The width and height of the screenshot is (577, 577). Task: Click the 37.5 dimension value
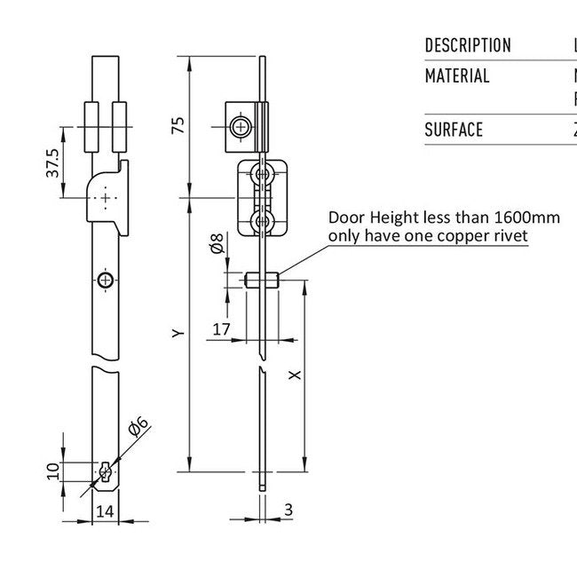[x=52, y=162]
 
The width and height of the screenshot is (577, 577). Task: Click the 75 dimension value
[x=178, y=127]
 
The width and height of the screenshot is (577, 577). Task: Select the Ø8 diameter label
[x=217, y=244]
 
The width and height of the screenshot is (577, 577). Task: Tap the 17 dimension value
[x=222, y=329]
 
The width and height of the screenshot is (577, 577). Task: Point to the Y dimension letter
[x=178, y=334]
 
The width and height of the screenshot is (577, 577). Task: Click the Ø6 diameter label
[x=138, y=427]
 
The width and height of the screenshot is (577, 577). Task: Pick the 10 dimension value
[x=52, y=470]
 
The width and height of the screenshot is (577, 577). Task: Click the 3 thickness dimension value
[x=288, y=510]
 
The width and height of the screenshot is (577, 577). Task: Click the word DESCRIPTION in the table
[x=468, y=45]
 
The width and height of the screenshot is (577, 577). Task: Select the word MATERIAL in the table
[x=457, y=76]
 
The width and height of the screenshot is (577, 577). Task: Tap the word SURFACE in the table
[x=454, y=130]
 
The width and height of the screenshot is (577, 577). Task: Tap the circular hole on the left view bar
[x=106, y=281]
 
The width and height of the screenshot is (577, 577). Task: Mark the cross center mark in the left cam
[x=106, y=197]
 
